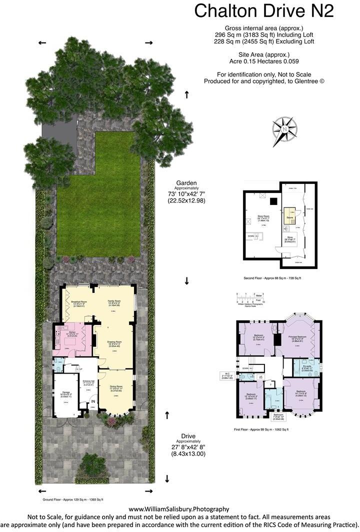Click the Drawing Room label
(x=114, y=343)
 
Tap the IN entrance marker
(x=93, y=401)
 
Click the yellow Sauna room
(x=289, y=217)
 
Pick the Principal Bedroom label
(x=299, y=338)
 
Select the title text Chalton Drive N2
(x=263, y=11)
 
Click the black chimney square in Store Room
(x=273, y=201)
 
